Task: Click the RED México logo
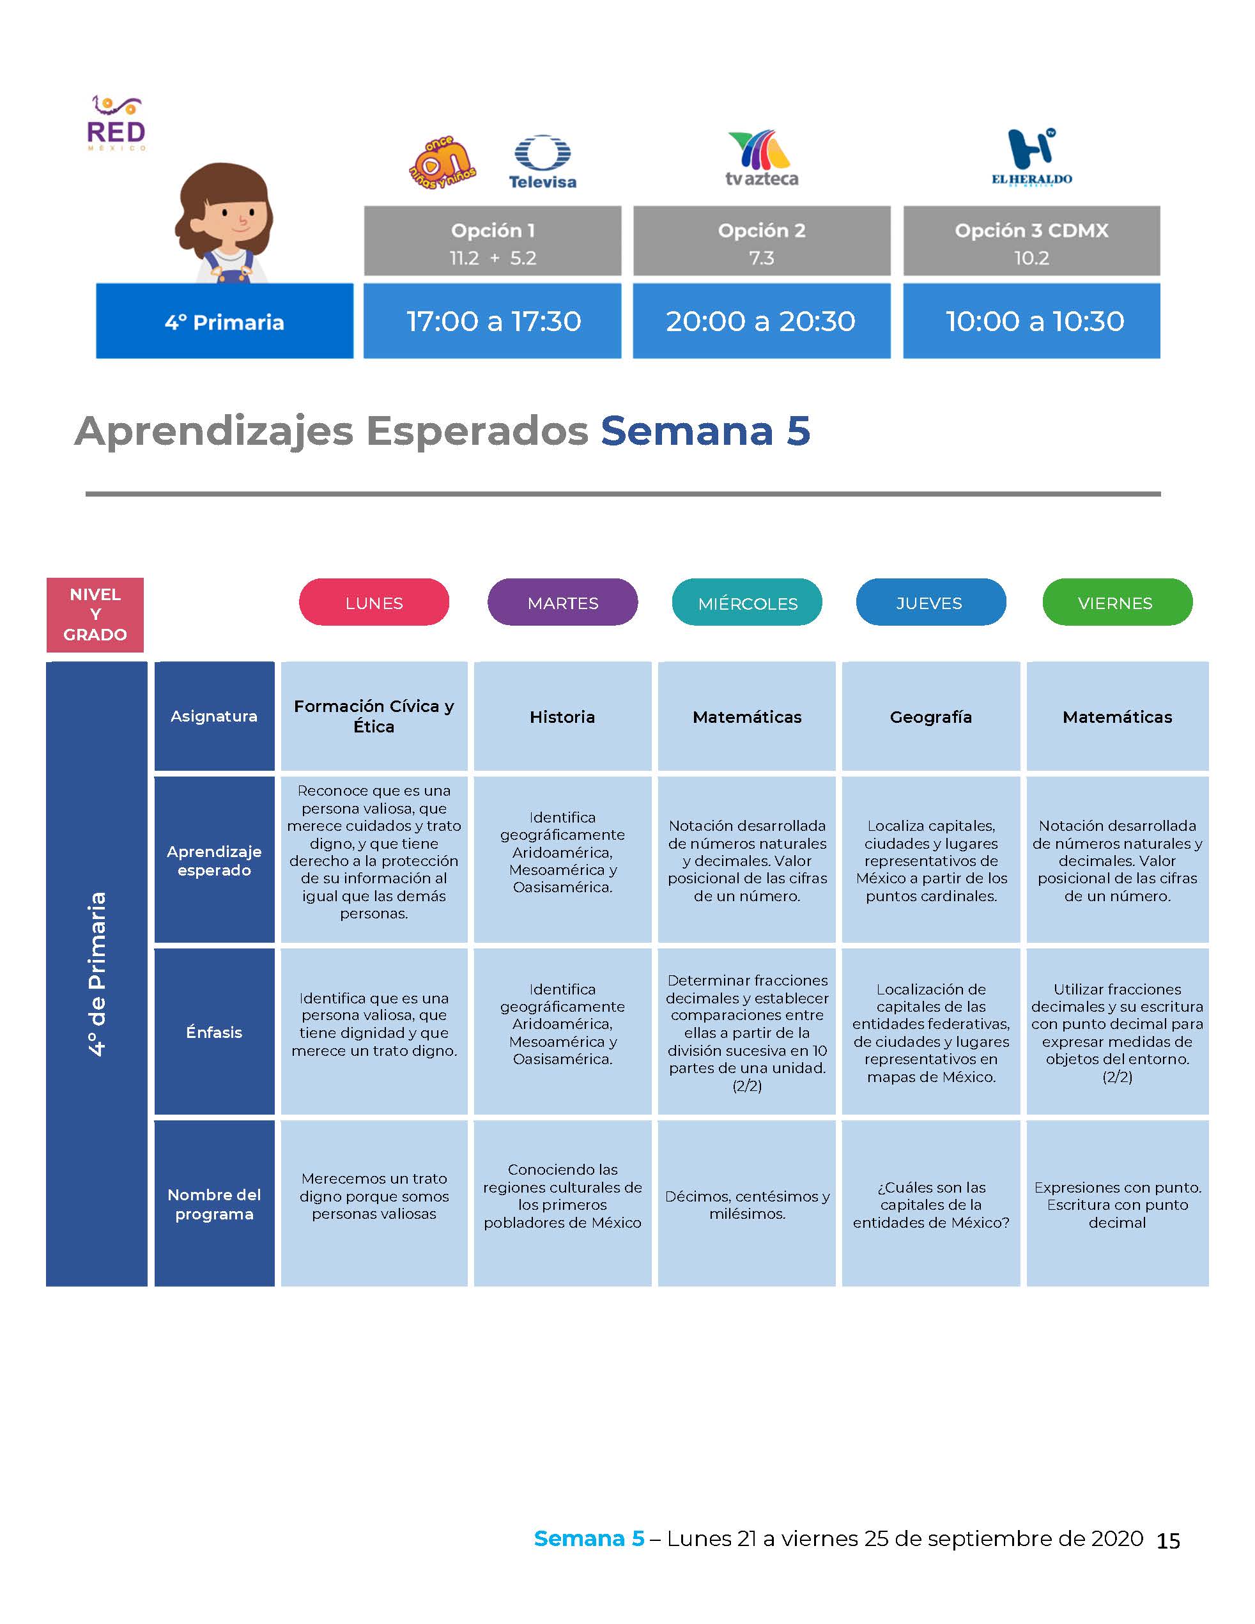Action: (x=116, y=123)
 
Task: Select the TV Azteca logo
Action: (x=761, y=159)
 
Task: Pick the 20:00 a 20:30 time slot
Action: (x=761, y=321)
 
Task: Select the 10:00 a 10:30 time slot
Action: (x=1031, y=321)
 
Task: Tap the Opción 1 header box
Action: (x=492, y=241)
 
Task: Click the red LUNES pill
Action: (x=374, y=602)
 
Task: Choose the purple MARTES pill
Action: (x=563, y=602)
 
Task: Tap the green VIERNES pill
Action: (x=1118, y=602)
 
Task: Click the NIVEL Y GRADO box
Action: (x=95, y=615)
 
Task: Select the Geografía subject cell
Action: (x=931, y=716)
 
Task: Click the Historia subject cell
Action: (x=563, y=716)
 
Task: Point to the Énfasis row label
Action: (x=214, y=1032)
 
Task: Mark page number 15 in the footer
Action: (x=1168, y=1540)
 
